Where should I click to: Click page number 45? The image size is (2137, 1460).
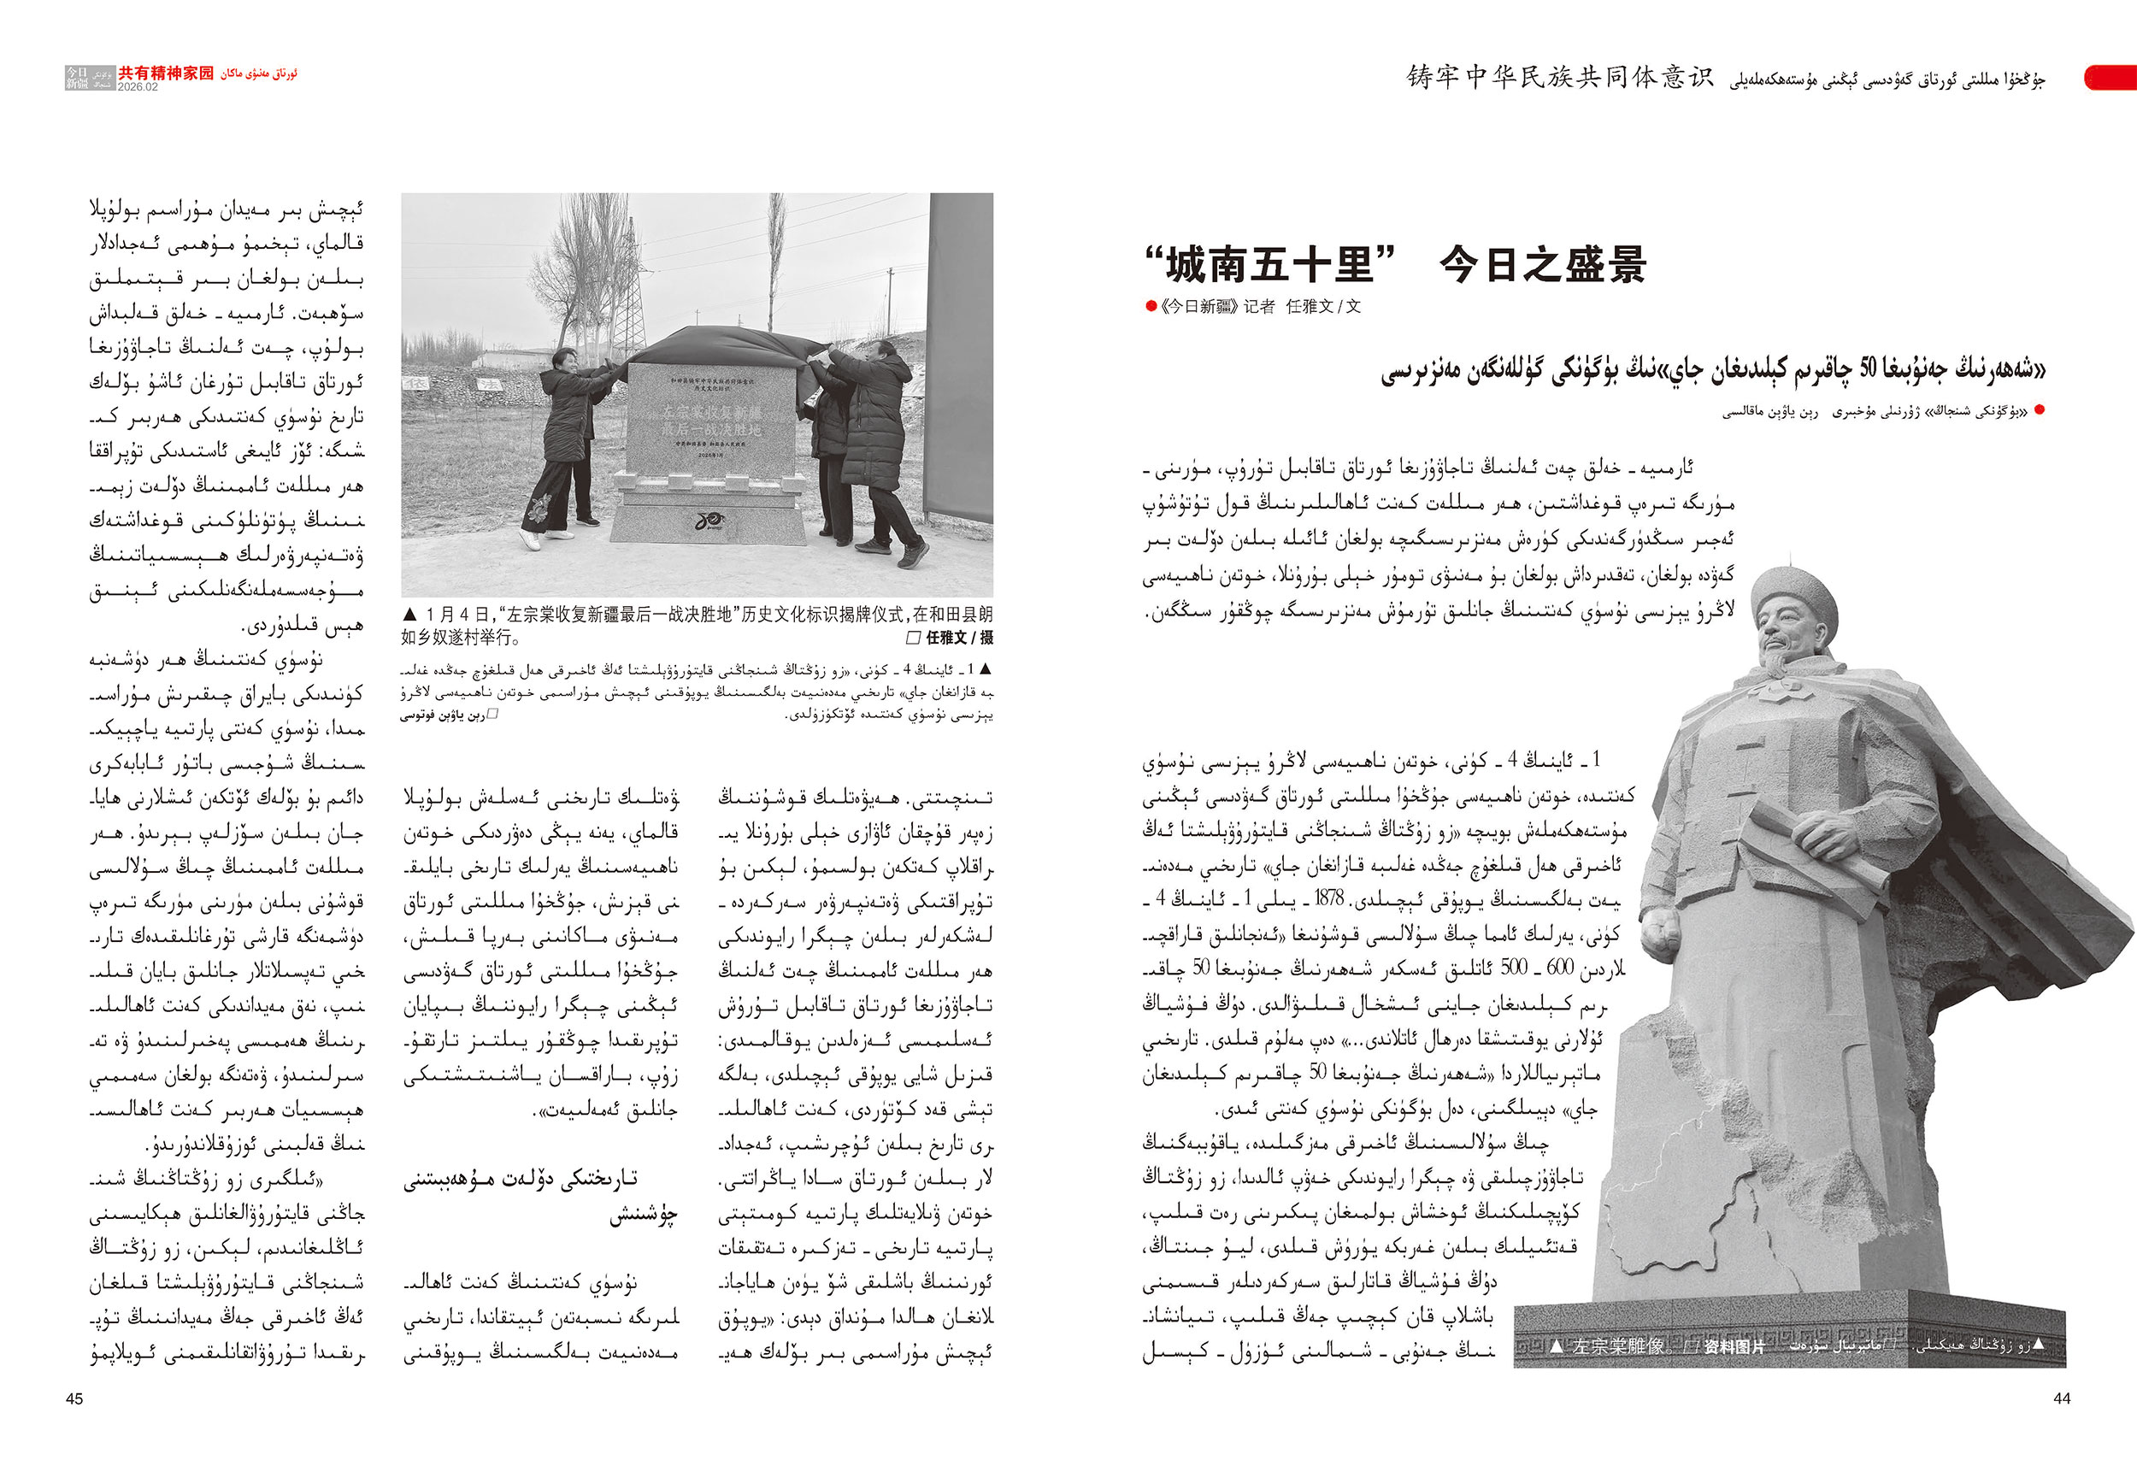pos(74,1398)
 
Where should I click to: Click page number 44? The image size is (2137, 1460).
pos(2062,1398)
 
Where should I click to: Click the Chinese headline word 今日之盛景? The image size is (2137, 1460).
pos(1542,266)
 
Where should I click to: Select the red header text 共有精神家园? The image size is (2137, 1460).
pos(166,73)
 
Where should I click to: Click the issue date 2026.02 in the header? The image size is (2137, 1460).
pos(138,87)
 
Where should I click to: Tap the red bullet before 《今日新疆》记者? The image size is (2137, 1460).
pos(1151,307)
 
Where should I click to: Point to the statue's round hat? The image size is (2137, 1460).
pos(1793,588)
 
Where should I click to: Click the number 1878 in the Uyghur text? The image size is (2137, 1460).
pos(1330,898)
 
